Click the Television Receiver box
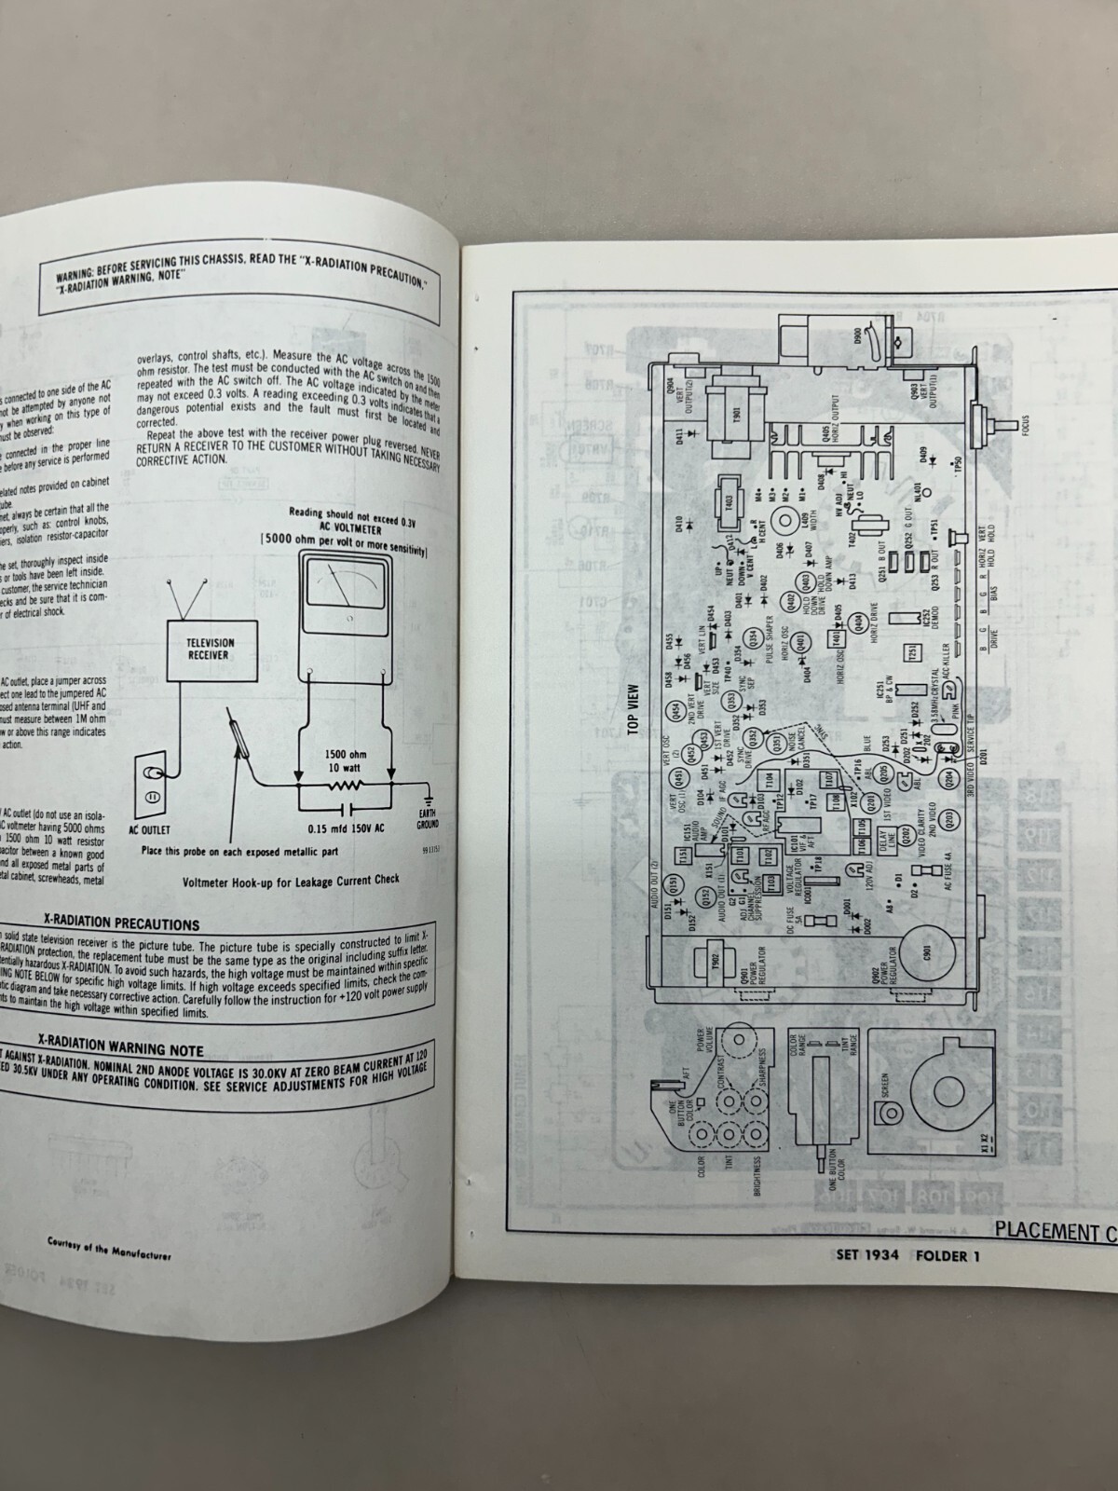[x=211, y=650]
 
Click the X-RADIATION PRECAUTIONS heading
[x=125, y=924]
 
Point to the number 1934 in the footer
[x=877, y=1254]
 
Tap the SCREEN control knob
[x=893, y=1111]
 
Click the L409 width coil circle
[x=787, y=519]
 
